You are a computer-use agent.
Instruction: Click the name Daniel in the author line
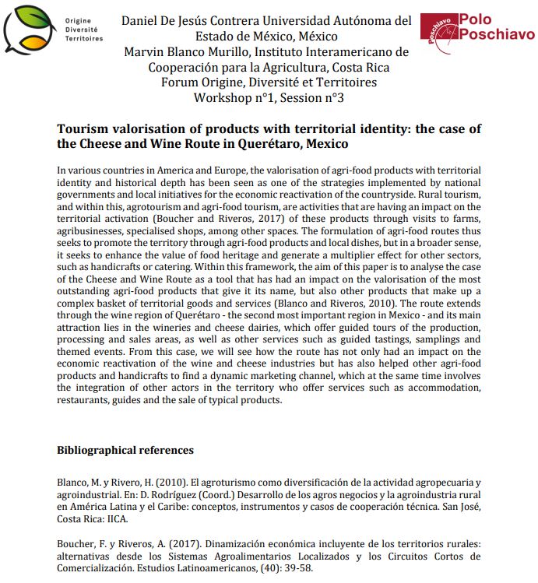[142, 19]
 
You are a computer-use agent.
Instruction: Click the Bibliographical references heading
[125, 450]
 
